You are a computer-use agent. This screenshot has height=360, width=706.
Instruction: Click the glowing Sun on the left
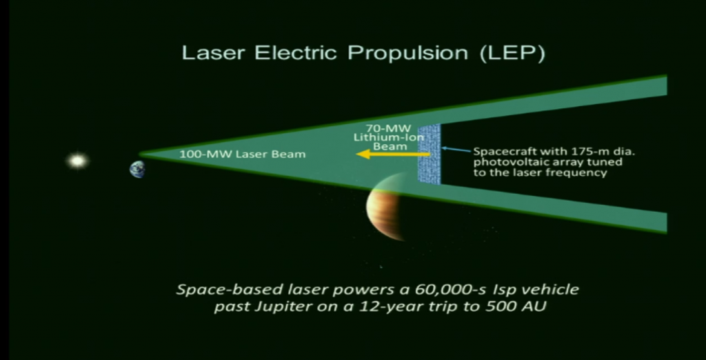(77, 161)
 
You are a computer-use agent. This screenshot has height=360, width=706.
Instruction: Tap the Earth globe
(137, 169)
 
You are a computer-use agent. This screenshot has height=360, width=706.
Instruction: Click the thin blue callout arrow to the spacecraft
(456, 148)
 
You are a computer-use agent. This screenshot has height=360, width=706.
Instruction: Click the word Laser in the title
(208, 53)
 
